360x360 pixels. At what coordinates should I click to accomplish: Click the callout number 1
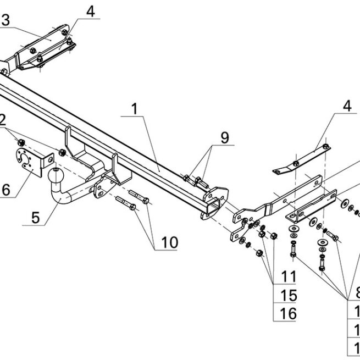134,109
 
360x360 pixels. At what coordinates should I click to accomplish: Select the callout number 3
5,21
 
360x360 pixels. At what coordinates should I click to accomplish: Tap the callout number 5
36,217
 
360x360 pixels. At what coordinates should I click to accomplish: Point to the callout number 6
5,190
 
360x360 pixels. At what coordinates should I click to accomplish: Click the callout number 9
224,137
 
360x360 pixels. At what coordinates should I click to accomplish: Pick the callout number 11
288,276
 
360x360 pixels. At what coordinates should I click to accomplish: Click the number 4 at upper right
347,106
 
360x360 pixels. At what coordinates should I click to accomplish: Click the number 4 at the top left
90,10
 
